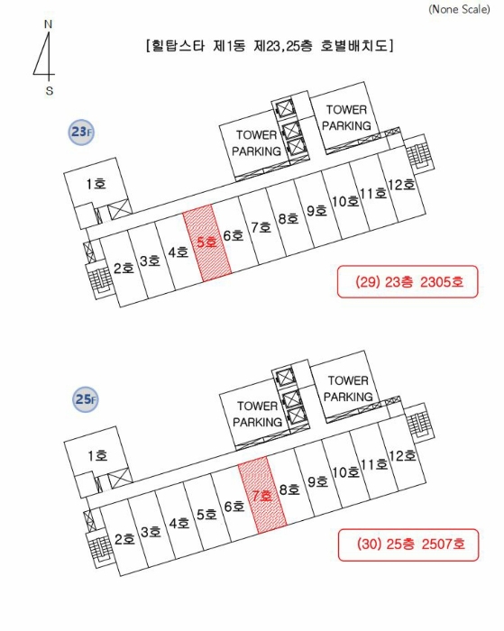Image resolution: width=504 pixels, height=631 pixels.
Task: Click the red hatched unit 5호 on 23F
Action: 207,242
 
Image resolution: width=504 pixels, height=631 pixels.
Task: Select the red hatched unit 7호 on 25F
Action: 262,496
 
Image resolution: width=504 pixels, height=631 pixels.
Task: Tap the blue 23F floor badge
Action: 81,132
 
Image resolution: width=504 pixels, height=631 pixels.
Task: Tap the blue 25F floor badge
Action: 86,399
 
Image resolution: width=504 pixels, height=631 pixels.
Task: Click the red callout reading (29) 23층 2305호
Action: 408,281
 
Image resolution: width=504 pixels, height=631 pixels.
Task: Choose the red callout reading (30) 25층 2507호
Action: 408,544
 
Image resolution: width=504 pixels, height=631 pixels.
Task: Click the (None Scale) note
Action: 459,9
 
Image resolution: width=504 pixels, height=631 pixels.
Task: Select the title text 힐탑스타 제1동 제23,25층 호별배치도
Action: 270,45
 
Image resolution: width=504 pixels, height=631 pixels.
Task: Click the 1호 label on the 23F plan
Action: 96,184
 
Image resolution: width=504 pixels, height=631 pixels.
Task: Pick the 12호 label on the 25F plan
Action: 402,455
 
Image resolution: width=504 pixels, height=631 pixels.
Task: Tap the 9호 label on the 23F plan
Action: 316,210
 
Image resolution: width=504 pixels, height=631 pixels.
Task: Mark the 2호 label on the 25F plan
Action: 124,539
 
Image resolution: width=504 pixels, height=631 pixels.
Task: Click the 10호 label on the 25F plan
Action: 345,471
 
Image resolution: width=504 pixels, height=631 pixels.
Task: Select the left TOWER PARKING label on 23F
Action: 256,142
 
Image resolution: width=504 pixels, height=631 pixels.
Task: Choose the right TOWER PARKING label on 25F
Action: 348,389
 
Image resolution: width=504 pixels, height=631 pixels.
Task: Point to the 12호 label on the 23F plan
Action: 401,185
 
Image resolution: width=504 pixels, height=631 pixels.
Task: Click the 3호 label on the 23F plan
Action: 151,261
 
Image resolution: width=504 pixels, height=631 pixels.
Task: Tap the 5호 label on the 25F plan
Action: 206,514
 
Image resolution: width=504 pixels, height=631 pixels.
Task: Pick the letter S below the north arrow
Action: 49,90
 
